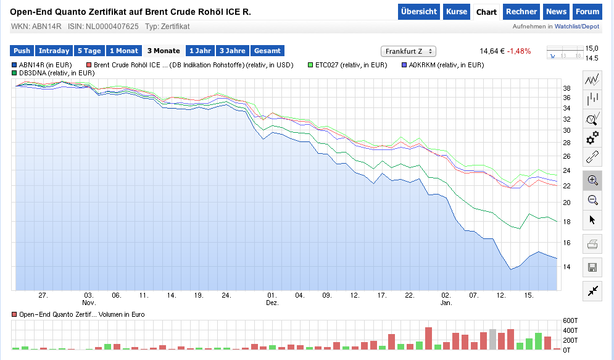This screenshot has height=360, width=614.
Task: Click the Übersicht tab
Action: pyautogui.click(x=419, y=12)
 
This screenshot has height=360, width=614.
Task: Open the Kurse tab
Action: pyautogui.click(x=457, y=12)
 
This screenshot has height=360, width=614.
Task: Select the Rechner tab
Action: pyautogui.click(x=521, y=12)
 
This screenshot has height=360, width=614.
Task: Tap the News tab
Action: pyautogui.click(x=556, y=12)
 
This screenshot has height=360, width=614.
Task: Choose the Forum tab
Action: pyautogui.click(x=587, y=12)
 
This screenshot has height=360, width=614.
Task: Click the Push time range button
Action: pyautogui.click(x=22, y=51)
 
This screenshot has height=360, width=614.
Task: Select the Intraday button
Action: pyautogui.click(x=54, y=51)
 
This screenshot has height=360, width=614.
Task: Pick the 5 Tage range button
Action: pyautogui.click(x=89, y=51)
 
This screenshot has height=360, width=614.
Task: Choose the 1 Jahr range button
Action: pyautogui.click(x=199, y=51)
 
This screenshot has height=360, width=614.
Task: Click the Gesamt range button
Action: pyautogui.click(x=267, y=51)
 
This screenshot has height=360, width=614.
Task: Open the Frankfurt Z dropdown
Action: pyautogui.click(x=409, y=51)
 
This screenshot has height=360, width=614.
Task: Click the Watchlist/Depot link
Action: pyautogui.click(x=577, y=27)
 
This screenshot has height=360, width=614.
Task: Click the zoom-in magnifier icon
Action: pyautogui.click(x=593, y=180)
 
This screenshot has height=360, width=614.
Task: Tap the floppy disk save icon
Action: pyautogui.click(x=592, y=267)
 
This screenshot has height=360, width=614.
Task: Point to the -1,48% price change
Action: pyautogui.click(x=519, y=51)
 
